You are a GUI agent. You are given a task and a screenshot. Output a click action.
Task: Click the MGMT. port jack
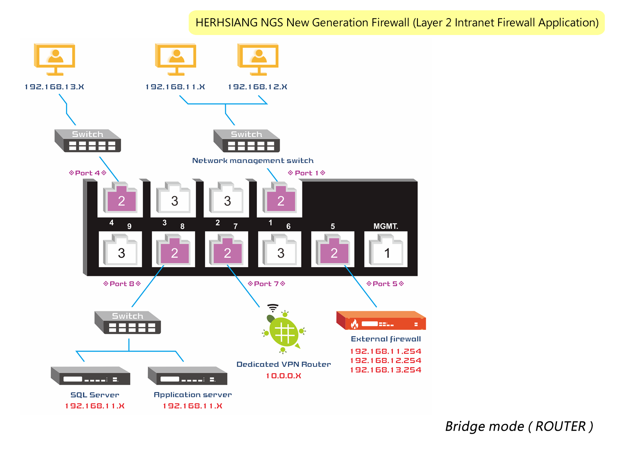(386, 250)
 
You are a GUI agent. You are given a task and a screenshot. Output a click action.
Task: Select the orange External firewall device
(381, 321)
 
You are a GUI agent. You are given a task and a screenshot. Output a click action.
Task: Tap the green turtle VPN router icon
(283, 331)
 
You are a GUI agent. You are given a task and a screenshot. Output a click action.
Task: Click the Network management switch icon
(246, 140)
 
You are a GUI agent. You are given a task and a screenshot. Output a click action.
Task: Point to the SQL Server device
(91, 376)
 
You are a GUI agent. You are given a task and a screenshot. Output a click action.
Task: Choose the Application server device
(187, 376)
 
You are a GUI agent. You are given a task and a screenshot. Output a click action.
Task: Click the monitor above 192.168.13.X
(54, 59)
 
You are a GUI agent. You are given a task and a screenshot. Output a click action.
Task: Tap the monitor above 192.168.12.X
(258, 59)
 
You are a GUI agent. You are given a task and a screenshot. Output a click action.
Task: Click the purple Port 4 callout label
(88, 173)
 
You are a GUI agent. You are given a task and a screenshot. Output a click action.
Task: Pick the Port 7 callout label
(267, 284)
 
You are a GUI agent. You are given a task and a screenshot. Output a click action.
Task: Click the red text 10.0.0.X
(283, 376)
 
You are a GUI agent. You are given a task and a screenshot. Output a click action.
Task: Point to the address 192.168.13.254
(386, 370)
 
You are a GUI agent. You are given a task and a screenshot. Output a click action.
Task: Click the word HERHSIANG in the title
(226, 23)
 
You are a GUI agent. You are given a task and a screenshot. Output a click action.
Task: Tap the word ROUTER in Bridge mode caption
(560, 426)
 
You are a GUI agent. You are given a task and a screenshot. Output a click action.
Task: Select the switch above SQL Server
(128, 322)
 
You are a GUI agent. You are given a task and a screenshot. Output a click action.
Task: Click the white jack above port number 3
(174, 198)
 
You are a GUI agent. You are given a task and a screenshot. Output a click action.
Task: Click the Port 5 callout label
(385, 284)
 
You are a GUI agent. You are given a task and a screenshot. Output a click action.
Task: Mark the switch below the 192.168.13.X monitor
(88, 140)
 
